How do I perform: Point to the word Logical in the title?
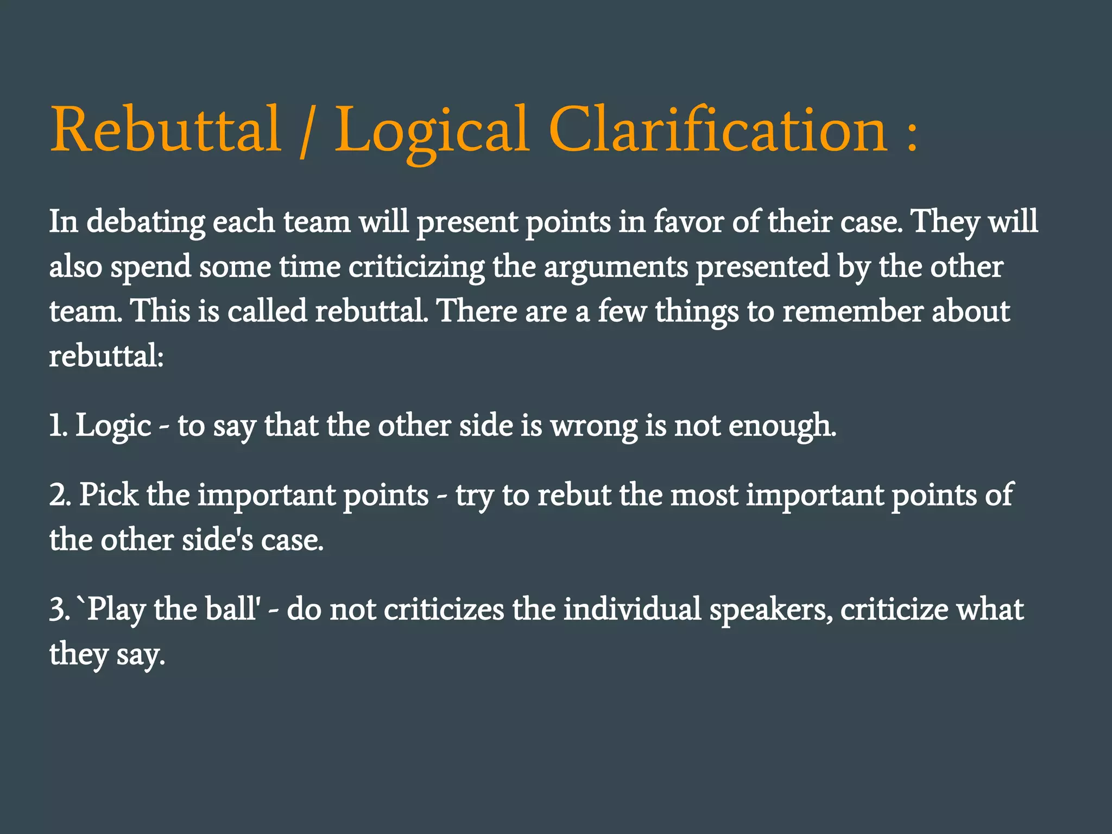coord(432,130)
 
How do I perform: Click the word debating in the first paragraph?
coord(146,222)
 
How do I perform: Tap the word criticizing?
coord(416,267)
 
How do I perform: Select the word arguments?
coord(616,267)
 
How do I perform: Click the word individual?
coord(632,609)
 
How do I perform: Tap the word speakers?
coord(771,610)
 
